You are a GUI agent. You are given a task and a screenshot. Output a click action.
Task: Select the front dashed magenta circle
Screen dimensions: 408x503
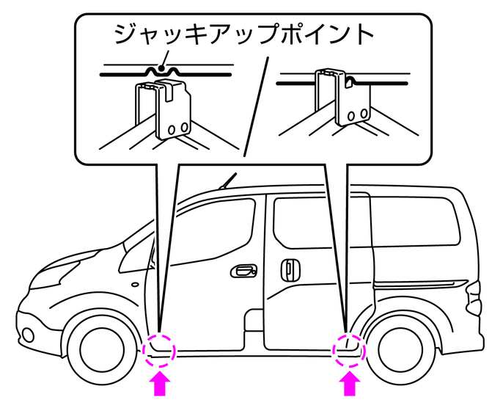(160, 348)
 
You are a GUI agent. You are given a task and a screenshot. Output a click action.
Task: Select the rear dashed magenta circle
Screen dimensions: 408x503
(350, 348)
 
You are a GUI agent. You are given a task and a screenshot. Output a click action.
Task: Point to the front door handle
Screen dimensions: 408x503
(243, 272)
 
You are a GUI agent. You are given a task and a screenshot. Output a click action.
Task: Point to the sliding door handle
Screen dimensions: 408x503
(290, 270)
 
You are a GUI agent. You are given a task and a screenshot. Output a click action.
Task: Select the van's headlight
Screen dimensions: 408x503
(55, 275)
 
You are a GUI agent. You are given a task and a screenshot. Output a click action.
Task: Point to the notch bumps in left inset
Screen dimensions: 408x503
(164, 71)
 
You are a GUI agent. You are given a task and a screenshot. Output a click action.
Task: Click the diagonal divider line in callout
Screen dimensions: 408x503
(254, 103)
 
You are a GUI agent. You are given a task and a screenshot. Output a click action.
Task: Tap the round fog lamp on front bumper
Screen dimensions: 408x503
(26, 335)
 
